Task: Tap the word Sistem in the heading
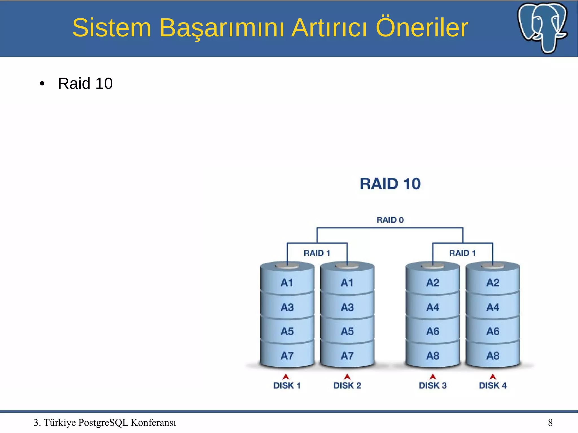(111, 28)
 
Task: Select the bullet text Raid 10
(85, 83)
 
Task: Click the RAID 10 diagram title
(390, 184)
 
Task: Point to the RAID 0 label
(390, 220)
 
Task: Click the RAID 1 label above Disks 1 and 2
(317, 253)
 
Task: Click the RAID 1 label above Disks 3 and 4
(462, 253)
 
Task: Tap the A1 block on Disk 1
(287, 283)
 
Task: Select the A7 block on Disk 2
(347, 356)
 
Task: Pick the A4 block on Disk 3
(433, 307)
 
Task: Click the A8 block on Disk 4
(493, 356)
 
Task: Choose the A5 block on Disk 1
(287, 331)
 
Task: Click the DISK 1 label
(287, 385)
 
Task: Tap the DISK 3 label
(433, 385)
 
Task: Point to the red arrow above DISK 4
(493, 377)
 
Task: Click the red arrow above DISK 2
(347, 377)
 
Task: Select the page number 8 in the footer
(550, 423)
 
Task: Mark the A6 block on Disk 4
(493, 331)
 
